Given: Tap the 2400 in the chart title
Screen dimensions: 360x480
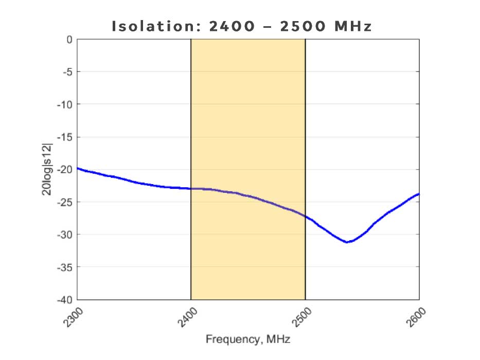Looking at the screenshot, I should point(231,26).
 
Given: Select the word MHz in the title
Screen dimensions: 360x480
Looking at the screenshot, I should point(353,26).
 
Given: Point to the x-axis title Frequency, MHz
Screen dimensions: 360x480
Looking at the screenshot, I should point(248,339).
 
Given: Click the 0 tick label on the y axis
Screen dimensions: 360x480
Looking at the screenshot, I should point(68,39).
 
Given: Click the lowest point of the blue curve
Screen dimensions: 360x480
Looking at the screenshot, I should point(348,242).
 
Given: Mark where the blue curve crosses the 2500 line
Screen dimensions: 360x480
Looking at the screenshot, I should point(305,217).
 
